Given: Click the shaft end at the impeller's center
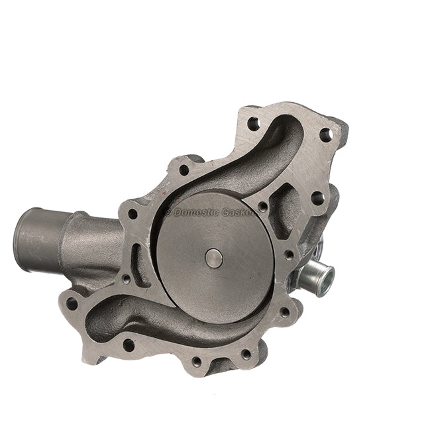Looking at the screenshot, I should click(214, 258).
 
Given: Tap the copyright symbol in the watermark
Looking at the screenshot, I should click(168, 213).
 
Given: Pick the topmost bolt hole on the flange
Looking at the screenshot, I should click(252, 123).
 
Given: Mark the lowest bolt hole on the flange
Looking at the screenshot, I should click(196, 362).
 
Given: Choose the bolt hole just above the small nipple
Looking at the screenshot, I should click(289, 254).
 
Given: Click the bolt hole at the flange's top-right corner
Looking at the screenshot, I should click(325, 134).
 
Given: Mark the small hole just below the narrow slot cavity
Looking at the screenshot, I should click(126, 279).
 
